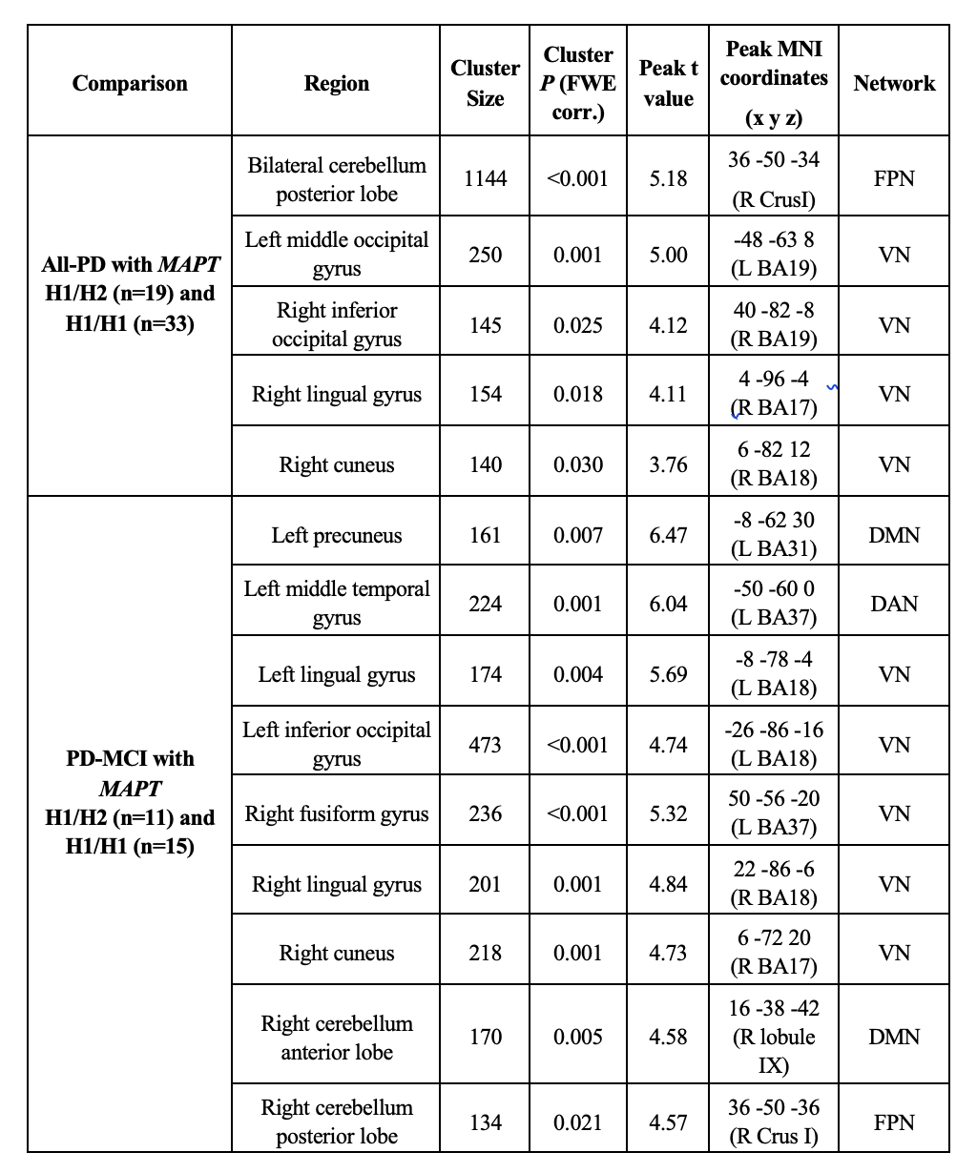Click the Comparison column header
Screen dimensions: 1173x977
[130, 83]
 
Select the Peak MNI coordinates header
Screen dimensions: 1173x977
[774, 83]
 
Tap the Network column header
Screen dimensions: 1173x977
[894, 83]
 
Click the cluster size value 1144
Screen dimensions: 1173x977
[485, 178]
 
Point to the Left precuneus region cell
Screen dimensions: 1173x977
[336, 535]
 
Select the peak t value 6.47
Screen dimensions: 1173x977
[668, 535]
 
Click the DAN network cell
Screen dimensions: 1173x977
[894, 604]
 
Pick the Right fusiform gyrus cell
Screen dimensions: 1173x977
[336, 813]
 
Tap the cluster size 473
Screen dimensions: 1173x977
[485, 745]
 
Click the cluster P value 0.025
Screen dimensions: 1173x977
[578, 325]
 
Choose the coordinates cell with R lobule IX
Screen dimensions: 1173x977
[774, 1037]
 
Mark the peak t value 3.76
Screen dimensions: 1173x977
[668, 464]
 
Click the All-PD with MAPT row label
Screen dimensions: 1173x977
[130, 294]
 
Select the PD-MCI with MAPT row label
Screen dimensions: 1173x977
[130, 802]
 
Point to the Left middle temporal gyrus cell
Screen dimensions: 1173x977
[336, 604]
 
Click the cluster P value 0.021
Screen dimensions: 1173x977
[578, 1122]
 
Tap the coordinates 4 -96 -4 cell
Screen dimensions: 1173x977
[774, 394]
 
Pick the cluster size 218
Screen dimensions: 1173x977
[485, 953]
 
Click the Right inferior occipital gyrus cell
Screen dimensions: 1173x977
[336, 325]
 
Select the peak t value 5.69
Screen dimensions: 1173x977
[668, 674]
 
